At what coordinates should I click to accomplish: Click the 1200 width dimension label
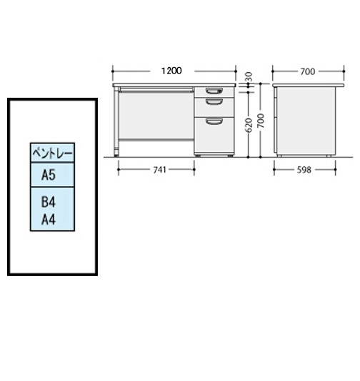point(171,71)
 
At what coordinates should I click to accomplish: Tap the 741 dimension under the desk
point(159,170)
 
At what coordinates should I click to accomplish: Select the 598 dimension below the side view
point(304,170)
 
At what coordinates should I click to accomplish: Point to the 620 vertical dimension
point(249,125)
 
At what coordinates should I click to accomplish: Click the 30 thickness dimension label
point(249,77)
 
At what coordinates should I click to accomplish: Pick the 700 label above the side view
point(308,71)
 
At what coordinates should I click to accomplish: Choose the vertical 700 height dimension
point(261,121)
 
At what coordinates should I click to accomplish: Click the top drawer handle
point(214,91)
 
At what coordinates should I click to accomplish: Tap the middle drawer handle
point(214,102)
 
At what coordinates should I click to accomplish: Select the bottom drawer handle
point(214,121)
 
